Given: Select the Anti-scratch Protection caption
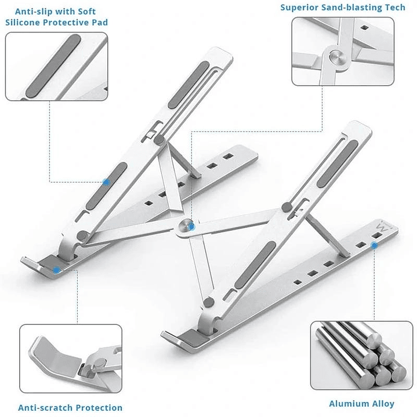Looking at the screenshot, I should (70, 408).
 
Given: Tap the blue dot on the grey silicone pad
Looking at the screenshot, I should (106, 182).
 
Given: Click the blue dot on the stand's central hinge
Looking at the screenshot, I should (188, 227).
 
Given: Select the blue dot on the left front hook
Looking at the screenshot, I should (56, 269).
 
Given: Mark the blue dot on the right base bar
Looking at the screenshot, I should (374, 246).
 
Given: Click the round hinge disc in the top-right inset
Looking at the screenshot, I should (336, 57).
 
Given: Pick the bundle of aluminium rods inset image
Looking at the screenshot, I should (362, 355).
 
